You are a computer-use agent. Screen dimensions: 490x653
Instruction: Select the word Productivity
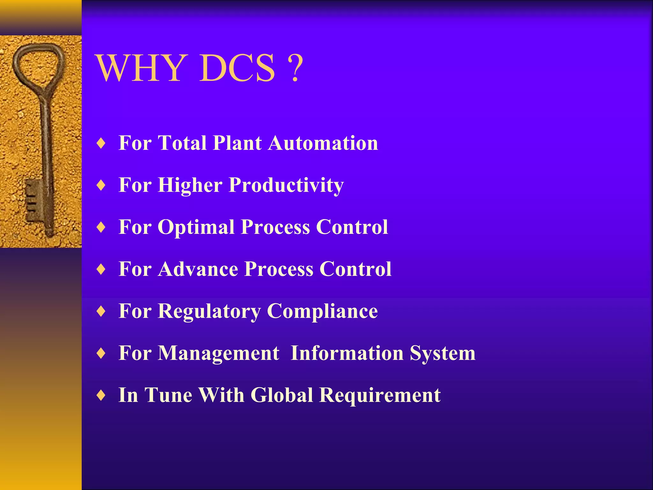pyautogui.click(x=286, y=185)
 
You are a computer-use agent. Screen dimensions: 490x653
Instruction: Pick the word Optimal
pyautogui.click(x=196, y=227)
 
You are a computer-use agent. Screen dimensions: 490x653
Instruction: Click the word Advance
pyautogui.click(x=198, y=269)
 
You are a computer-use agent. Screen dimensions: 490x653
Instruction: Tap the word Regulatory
pyautogui.click(x=209, y=311)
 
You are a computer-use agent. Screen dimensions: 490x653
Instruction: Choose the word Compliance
pyautogui.click(x=322, y=311)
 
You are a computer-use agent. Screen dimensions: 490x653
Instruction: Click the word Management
pyautogui.click(x=218, y=353)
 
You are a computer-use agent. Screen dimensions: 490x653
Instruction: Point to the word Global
pyautogui.click(x=282, y=395)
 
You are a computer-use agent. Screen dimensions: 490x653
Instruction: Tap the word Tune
pyautogui.click(x=168, y=395)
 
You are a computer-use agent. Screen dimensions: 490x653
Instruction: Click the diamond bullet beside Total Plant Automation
pyautogui.click(x=101, y=143)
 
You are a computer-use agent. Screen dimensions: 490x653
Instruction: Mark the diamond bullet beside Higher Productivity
pyautogui.click(x=101, y=185)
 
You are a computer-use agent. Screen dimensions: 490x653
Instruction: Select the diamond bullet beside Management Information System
pyautogui.click(x=101, y=353)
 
